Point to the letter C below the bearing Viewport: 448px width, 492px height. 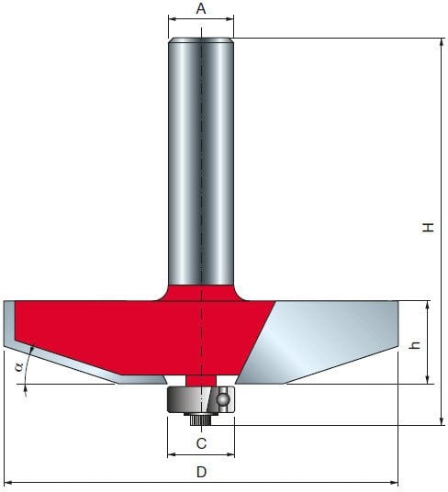pyautogui.click(x=201, y=443)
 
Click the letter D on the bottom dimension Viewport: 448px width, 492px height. pyautogui.click(x=201, y=472)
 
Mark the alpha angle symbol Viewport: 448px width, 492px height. pyautogui.click(x=17, y=369)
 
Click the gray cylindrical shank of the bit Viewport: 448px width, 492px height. pyautogui.click(x=200, y=156)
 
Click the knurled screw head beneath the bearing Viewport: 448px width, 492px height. pyautogui.click(x=200, y=418)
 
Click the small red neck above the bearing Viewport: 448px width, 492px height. pyautogui.click(x=200, y=379)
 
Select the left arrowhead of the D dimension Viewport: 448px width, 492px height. pyautogui.click(x=8, y=481)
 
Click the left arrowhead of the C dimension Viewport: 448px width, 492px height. pyautogui.click(x=171, y=453)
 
